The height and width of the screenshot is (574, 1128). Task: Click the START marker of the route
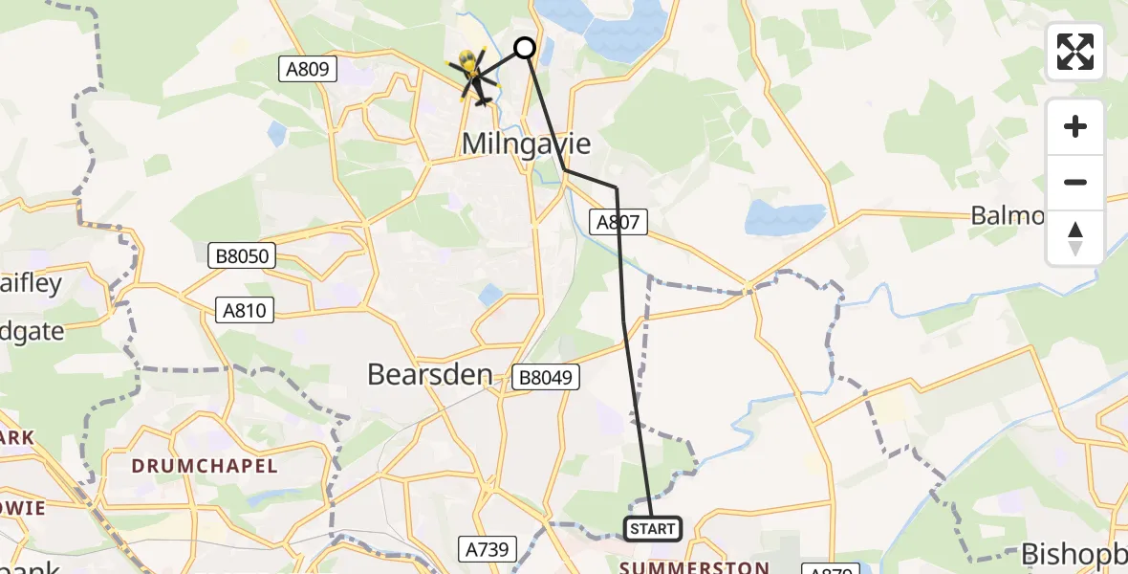653,529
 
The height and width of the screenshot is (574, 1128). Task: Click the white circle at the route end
525,47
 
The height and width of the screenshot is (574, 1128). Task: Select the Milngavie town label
526,143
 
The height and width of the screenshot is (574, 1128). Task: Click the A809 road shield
308,69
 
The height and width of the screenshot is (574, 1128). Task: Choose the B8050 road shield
242,255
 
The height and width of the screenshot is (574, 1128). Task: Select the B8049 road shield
546,377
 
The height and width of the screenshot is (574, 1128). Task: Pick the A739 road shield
488,549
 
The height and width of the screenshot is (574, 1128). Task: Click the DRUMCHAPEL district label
205,467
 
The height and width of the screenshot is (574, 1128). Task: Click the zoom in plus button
1075,127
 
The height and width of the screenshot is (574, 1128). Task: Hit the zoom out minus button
1075,182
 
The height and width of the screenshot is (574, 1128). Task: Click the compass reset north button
1075,237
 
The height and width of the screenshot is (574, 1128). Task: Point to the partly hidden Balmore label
1008,216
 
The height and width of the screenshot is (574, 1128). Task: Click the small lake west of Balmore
784,219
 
